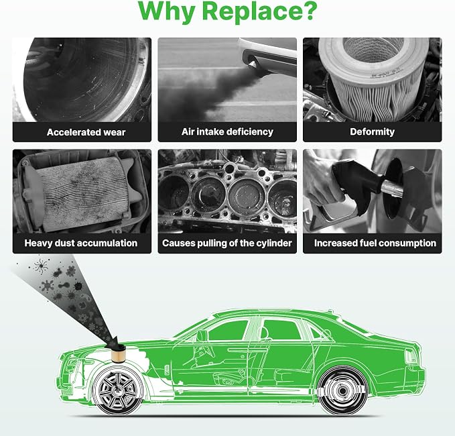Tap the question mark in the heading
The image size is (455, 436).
coord(309,10)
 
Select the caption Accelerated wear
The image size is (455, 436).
coord(86,132)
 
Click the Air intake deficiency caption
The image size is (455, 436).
coord(227,132)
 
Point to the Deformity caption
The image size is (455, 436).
coord(373,132)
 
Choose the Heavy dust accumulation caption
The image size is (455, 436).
coord(81,243)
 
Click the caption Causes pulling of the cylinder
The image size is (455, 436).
coord(227,243)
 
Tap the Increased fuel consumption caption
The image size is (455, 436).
coord(375,243)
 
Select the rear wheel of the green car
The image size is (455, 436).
coord(342,390)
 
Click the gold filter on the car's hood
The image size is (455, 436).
coord(119,356)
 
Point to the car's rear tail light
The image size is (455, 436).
coord(411,356)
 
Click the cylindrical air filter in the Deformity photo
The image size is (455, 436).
coord(373,78)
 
